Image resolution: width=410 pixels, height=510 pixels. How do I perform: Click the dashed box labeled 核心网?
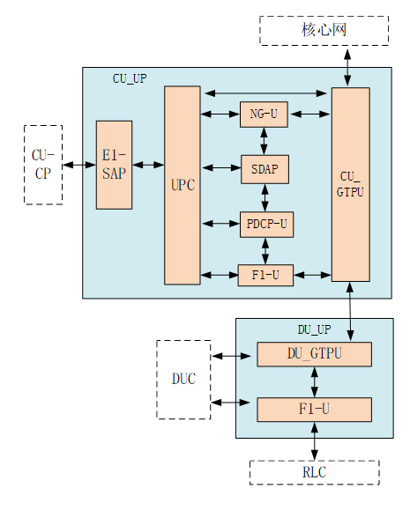coord(323,30)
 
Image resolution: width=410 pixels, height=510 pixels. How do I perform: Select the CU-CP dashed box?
coord(43,165)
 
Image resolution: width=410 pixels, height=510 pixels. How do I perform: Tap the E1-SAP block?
coord(114,165)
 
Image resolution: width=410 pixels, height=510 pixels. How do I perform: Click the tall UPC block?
coord(183,185)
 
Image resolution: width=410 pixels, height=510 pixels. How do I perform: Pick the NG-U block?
coord(264,114)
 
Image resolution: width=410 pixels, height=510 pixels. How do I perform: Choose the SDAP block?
coord(264,168)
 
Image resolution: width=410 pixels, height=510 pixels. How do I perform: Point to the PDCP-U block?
coord(264,224)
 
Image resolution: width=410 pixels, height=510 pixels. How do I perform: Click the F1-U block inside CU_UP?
coord(264,275)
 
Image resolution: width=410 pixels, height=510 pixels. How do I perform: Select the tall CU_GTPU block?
coord(350,184)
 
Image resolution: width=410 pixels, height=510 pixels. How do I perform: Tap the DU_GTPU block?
coord(314,354)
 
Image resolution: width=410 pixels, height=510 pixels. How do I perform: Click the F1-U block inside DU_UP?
coord(314,409)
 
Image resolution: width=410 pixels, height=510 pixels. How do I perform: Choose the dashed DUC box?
coord(183,380)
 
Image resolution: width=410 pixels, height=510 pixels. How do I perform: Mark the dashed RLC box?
coord(314,472)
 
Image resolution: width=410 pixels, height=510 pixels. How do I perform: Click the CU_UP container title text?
coord(129,78)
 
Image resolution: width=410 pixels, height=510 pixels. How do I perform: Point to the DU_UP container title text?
coord(314,329)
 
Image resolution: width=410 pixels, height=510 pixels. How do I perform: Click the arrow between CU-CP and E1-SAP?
coord(79,165)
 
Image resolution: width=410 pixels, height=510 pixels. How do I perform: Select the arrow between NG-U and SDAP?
coord(264,140)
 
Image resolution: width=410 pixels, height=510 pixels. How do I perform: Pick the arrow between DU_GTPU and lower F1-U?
coord(314,381)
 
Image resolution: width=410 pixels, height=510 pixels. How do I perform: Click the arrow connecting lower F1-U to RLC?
coord(314,440)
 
